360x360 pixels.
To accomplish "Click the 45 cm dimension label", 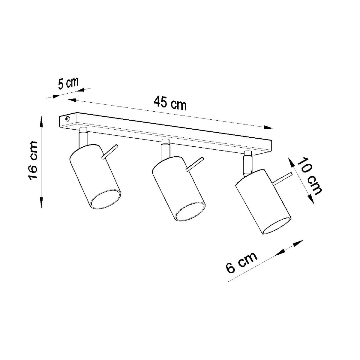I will [x=170, y=103].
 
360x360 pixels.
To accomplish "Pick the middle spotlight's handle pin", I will [x=195, y=164].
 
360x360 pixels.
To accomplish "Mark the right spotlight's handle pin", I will [x=282, y=178].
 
